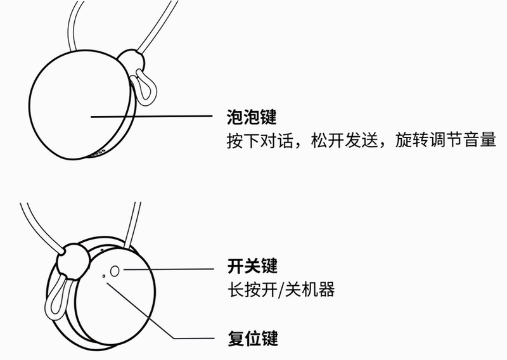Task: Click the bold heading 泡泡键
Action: pyautogui.click(x=252, y=117)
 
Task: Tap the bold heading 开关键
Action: pyautogui.click(x=252, y=266)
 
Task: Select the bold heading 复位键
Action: pyautogui.click(x=253, y=338)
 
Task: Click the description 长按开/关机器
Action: pyautogui.click(x=281, y=290)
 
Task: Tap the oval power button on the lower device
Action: pyautogui.click(x=115, y=271)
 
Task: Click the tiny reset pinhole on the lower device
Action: pyautogui.click(x=103, y=276)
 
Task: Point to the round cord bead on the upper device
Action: pyautogui.click(x=132, y=61)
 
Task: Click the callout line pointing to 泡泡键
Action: pyautogui.click(x=151, y=117)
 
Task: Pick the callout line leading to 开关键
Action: pyautogui.click(x=168, y=269)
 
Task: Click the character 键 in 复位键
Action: pyautogui.click(x=270, y=338)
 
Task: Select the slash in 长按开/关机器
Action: pyautogui.click(x=281, y=290)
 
